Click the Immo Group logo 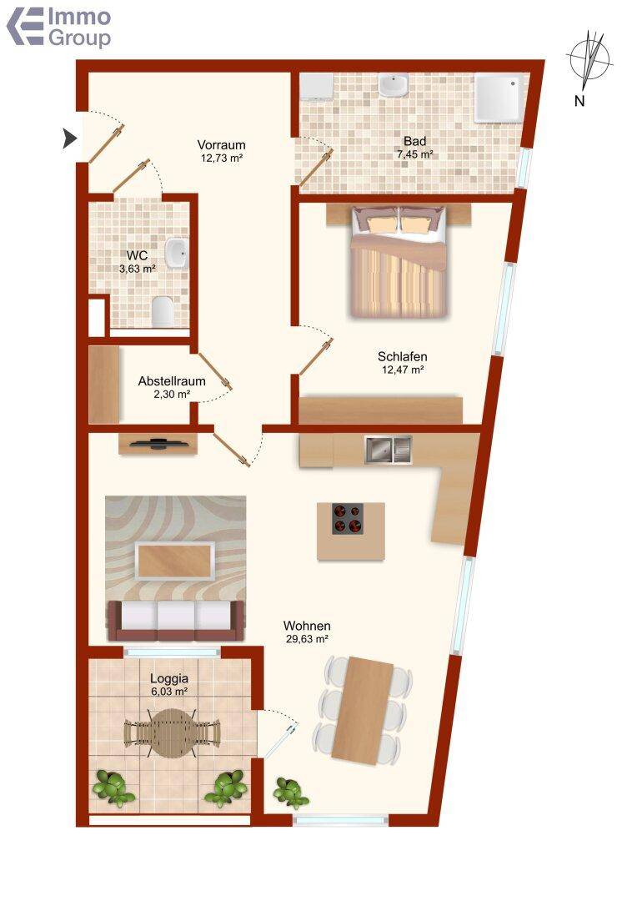58,27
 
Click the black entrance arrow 69,138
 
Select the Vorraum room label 221,145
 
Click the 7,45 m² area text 414,154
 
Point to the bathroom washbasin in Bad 394,86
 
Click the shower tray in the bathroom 499,97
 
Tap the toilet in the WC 163,310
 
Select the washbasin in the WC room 176,254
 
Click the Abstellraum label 172,381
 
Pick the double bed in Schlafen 398,261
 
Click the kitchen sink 389,450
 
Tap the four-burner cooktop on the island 348,519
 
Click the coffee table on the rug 175,561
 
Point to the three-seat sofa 175,620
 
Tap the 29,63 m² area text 307,638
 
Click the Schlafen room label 402,356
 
